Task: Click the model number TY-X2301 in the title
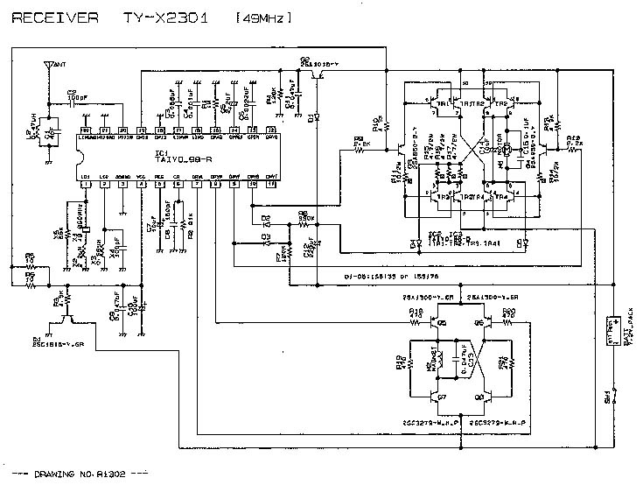coord(166,18)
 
